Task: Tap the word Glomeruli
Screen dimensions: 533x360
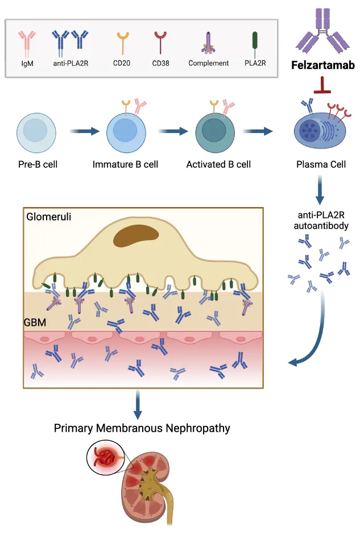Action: pos(46,217)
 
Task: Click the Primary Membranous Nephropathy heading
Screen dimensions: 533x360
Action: pos(142,428)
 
